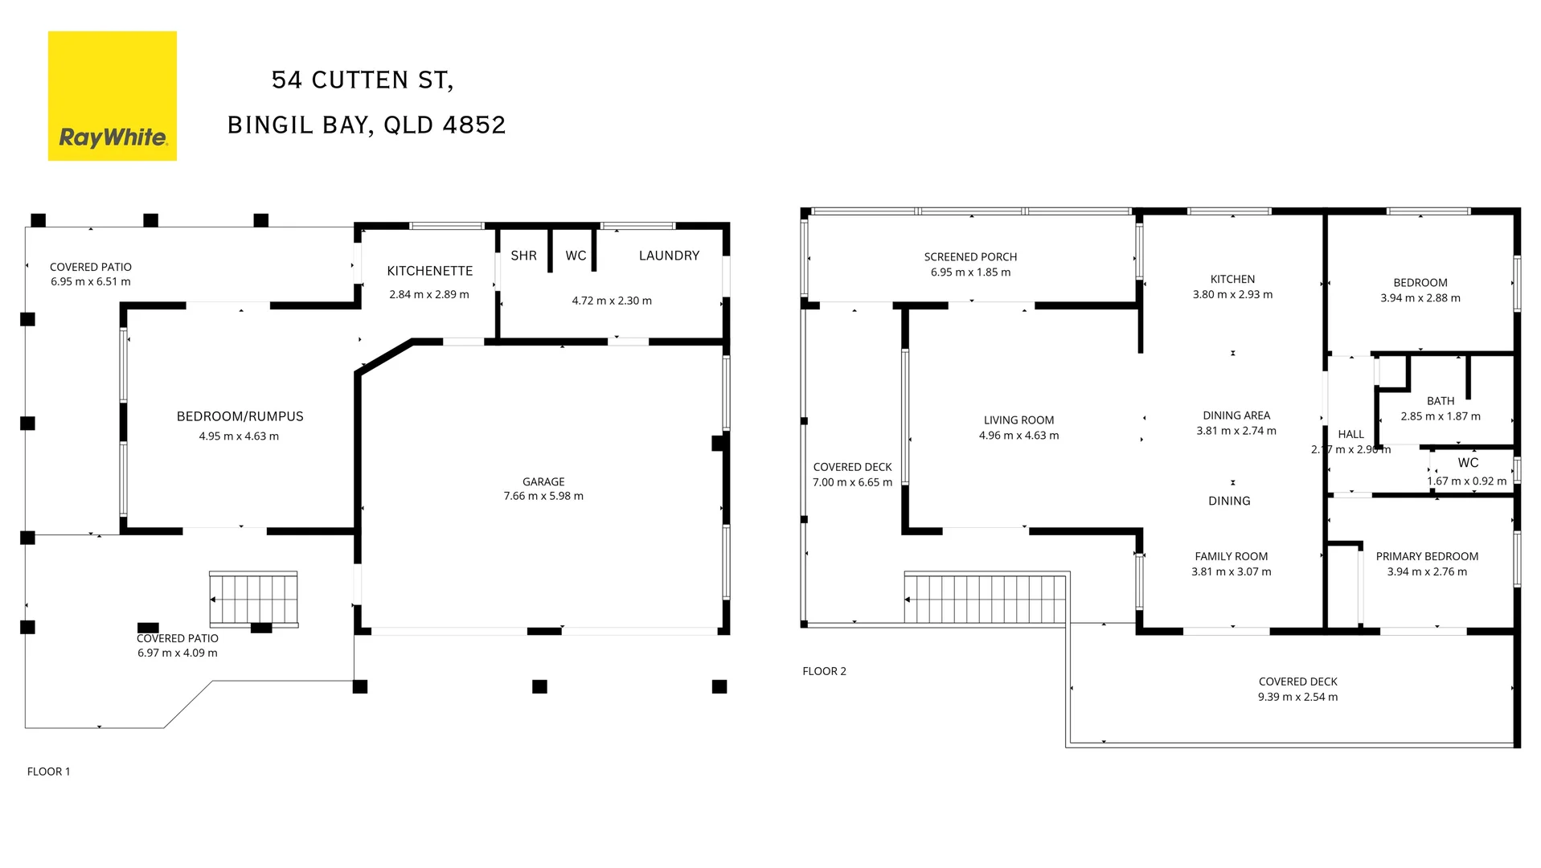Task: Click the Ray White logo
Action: (x=112, y=96)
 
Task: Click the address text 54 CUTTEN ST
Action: (x=362, y=80)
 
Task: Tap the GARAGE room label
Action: (x=543, y=481)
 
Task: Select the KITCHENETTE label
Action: (x=429, y=271)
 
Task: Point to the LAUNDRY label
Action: (x=669, y=256)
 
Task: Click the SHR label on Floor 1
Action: (x=523, y=256)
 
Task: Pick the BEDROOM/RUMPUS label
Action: (x=240, y=416)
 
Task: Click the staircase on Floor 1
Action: (x=253, y=599)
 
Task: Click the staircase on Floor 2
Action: (x=986, y=599)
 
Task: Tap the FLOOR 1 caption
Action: (x=49, y=772)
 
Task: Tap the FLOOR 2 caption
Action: (x=824, y=671)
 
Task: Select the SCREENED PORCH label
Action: (x=970, y=257)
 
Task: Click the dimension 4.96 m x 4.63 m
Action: (x=1018, y=436)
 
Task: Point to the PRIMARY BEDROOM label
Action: (x=1427, y=556)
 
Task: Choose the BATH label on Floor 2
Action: (x=1441, y=401)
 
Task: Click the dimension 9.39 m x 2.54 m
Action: (x=1297, y=697)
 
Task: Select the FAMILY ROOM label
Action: (x=1231, y=556)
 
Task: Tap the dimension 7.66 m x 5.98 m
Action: (x=543, y=496)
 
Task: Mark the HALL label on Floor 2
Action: (x=1350, y=434)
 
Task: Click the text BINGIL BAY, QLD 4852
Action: (x=367, y=125)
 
